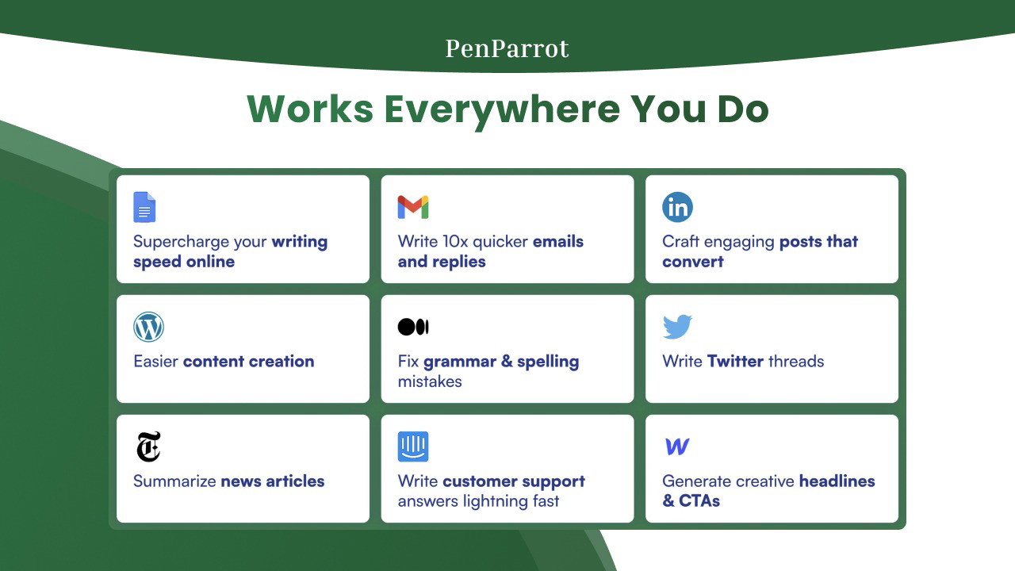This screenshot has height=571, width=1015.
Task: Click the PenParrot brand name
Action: [507, 48]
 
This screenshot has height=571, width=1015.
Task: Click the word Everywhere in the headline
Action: [502, 109]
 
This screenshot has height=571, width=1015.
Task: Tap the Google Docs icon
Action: [144, 207]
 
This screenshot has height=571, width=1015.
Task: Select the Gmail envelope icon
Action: [413, 207]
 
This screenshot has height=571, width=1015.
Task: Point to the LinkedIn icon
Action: [677, 207]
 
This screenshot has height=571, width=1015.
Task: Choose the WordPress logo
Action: [148, 327]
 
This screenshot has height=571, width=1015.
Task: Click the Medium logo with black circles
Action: [413, 327]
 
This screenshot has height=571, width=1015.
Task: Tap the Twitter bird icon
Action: [677, 327]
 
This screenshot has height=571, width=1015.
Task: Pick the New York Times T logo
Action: [148, 446]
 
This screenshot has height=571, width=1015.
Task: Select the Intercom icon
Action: [413, 446]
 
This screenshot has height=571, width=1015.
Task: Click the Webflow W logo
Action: [677, 446]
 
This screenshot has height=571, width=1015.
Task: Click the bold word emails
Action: [558, 242]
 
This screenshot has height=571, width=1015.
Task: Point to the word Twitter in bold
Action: [735, 361]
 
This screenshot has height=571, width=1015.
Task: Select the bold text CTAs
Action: [699, 500]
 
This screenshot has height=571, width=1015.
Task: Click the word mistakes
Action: [430, 381]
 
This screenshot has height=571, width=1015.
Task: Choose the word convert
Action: [693, 262]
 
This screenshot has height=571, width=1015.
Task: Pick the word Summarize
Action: [174, 481]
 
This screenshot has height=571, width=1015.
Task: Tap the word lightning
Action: [496, 502]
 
